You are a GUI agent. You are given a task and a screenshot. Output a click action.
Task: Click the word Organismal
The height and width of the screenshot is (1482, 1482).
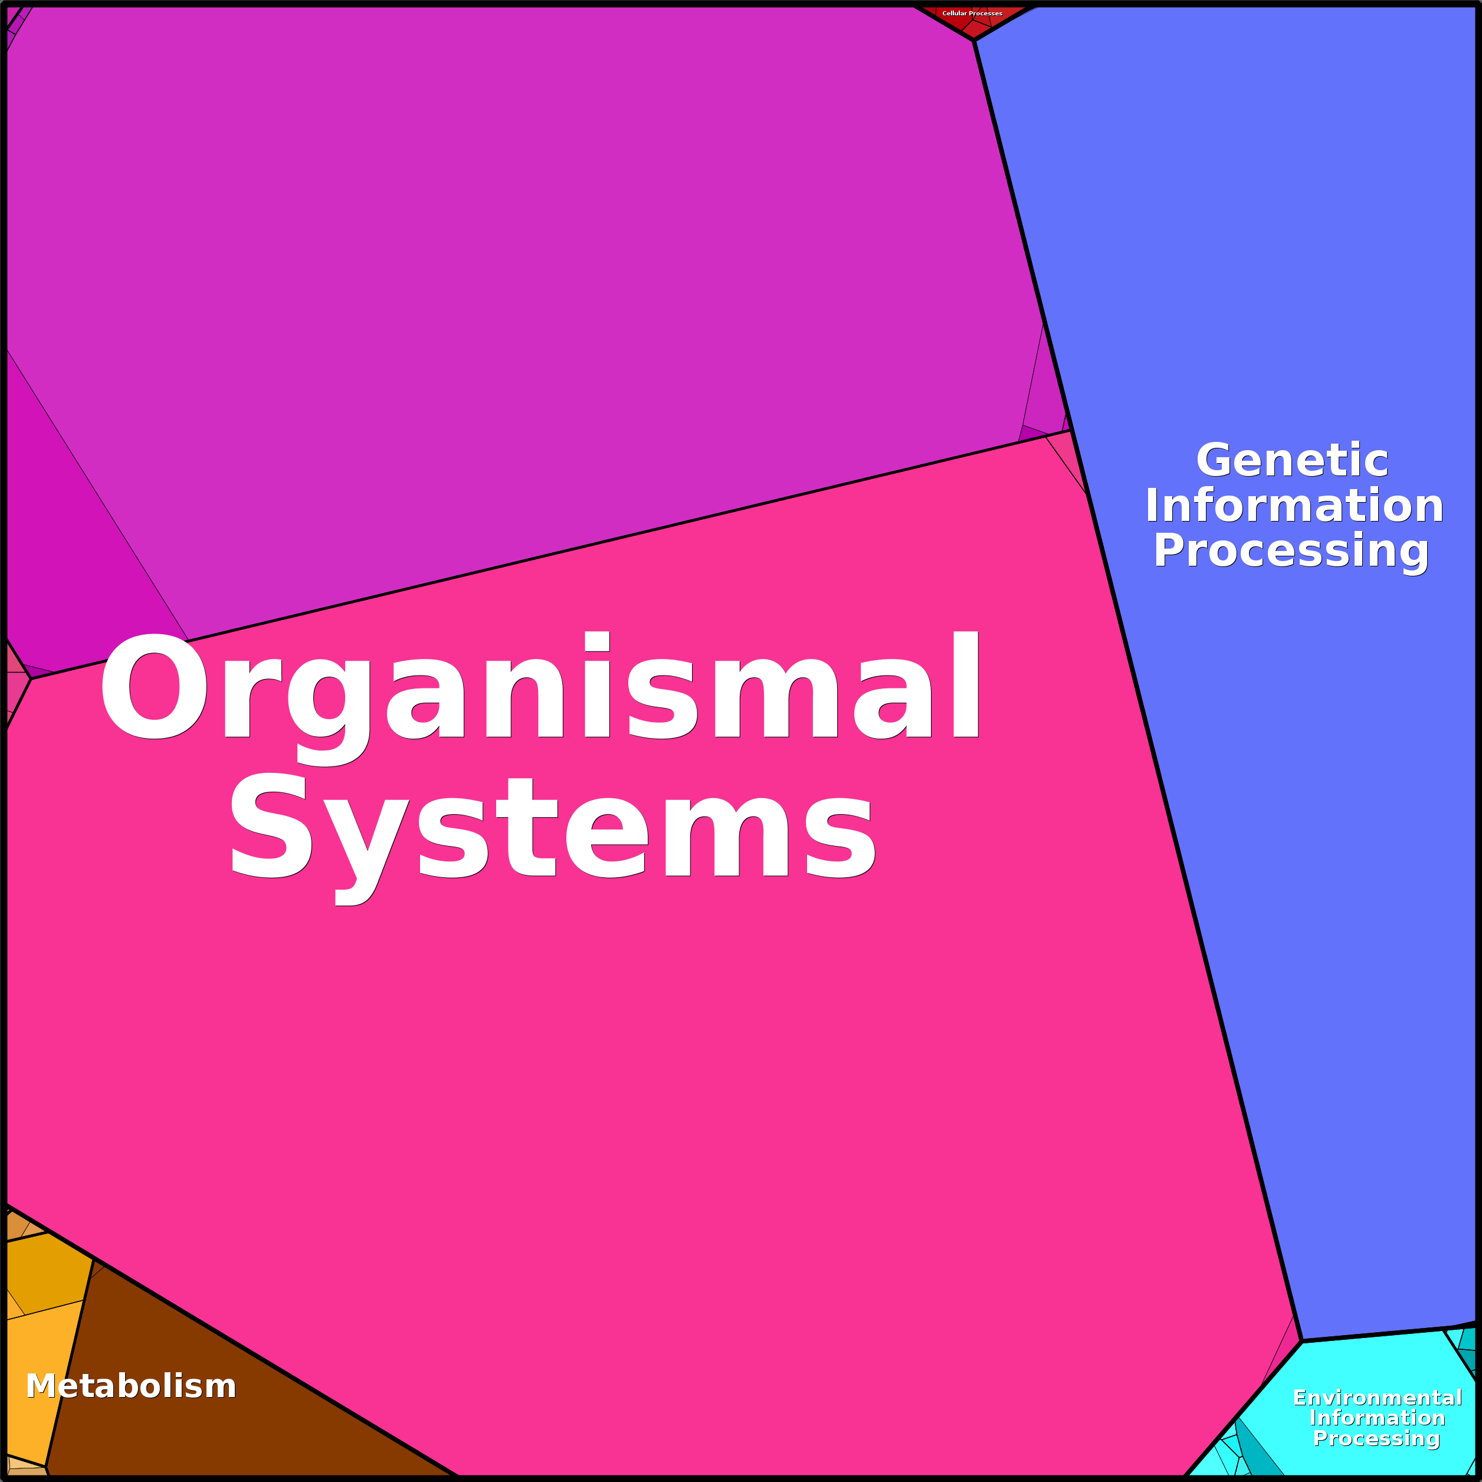pyautogui.click(x=540, y=687)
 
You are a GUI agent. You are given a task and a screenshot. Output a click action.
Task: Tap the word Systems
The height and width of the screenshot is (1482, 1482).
pyautogui.click(x=552, y=827)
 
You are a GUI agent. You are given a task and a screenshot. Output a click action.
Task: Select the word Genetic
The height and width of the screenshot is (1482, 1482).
pyautogui.click(x=1292, y=460)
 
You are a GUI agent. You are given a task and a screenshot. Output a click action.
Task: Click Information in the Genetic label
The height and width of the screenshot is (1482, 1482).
pyautogui.click(x=1294, y=506)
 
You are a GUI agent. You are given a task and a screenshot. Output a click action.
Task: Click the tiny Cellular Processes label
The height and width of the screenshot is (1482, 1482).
pyautogui.click(x=972, y=13)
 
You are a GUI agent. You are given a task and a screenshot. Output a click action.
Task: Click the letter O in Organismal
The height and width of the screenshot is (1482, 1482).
pyautogui.click(x=154, y=687)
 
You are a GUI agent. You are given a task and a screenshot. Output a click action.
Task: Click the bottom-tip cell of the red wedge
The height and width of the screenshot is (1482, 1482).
pyautogui.click(x=973, y=31)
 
